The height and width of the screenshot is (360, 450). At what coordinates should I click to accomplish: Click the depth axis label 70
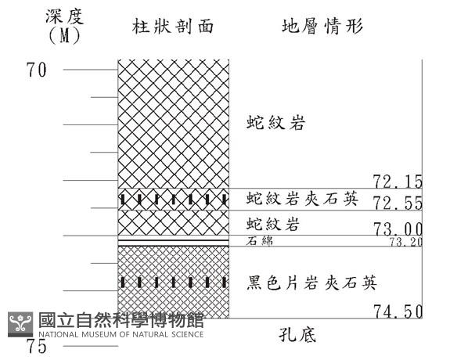point(37,70)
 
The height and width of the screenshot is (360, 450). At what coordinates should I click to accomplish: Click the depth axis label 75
point(37,346)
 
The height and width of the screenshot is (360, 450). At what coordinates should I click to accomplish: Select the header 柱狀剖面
point(173,27)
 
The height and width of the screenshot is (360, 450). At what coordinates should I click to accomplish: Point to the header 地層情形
point(322,27)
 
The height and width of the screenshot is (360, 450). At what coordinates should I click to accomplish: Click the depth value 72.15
point(398,182)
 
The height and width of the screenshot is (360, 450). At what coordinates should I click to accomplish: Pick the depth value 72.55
point(398,203)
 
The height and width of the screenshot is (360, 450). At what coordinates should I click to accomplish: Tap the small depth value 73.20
point(405,243)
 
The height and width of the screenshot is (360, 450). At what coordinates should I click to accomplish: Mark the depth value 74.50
point(398,311)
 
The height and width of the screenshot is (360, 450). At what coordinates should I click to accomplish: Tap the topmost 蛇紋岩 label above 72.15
point(274,124)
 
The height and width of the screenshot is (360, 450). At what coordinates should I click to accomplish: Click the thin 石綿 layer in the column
point(173,241)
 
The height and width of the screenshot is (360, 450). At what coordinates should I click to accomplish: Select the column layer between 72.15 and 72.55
point(173,199)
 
